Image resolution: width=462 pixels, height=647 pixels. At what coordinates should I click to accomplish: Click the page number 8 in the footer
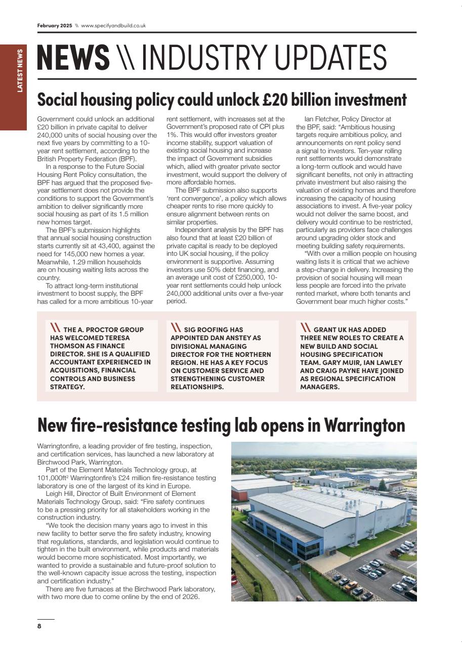(39, 626)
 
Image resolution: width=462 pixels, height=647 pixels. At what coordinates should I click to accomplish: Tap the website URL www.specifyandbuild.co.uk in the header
(113, 25)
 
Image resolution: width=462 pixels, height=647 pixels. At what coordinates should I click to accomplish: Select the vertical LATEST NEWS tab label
(20, 70)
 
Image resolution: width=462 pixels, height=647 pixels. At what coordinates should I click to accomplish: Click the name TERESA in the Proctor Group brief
(116, 338)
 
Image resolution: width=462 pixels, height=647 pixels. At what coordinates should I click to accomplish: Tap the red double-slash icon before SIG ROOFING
(176, 328)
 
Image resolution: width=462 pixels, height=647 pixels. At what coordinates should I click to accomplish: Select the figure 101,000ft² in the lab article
(55, 478)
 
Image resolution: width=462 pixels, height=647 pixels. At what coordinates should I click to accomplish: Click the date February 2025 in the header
(55, 25)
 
